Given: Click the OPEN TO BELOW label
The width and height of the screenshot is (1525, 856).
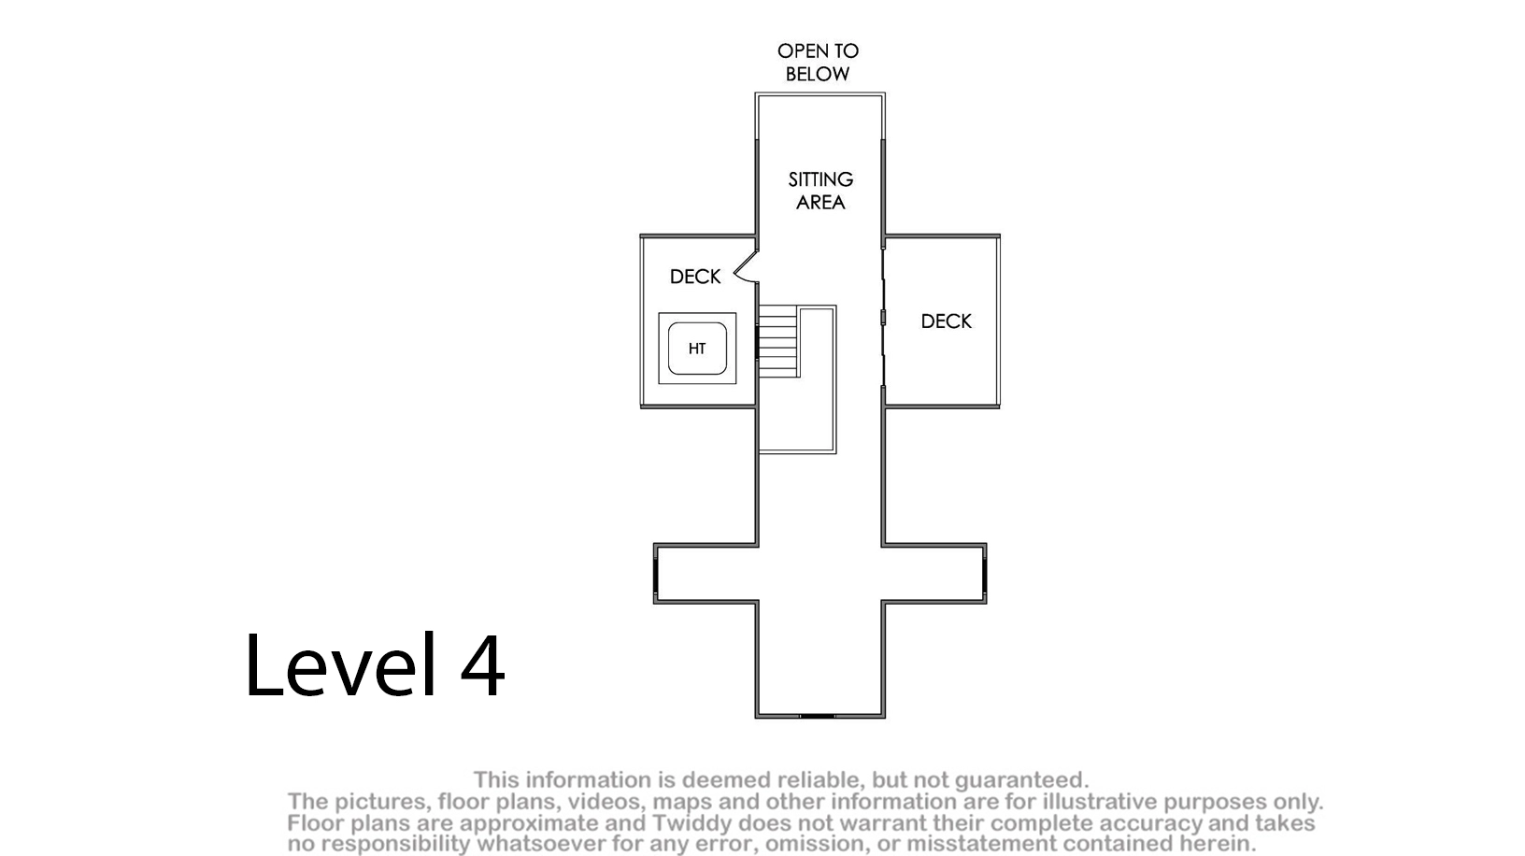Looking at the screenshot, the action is pos(818,62).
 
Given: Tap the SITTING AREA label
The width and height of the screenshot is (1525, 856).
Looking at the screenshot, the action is pos(820,191).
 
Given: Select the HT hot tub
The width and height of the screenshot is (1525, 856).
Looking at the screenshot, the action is pos(697,349).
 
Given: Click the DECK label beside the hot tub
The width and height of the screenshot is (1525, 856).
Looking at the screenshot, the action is pos(695,277).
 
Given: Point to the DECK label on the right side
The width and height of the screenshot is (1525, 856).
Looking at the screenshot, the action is pos(946,321).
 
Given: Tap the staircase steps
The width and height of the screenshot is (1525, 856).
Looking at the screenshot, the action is pos(778,341).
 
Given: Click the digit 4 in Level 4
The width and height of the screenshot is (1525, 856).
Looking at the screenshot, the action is pos(482,665).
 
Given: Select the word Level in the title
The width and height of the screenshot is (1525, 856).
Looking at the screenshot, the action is pos(340,664).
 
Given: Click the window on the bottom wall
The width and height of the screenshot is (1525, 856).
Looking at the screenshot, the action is pos(818,716).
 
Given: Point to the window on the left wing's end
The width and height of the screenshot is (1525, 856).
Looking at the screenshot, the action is pos(656,574).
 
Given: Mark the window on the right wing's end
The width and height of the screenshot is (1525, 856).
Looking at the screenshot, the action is pos(985,574).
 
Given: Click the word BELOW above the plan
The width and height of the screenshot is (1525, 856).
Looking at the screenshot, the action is pos(818,74).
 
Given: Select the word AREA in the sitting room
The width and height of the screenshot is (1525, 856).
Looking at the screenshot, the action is pos(820,202).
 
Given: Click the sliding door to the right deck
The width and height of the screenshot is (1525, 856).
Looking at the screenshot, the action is pos(883,318).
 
